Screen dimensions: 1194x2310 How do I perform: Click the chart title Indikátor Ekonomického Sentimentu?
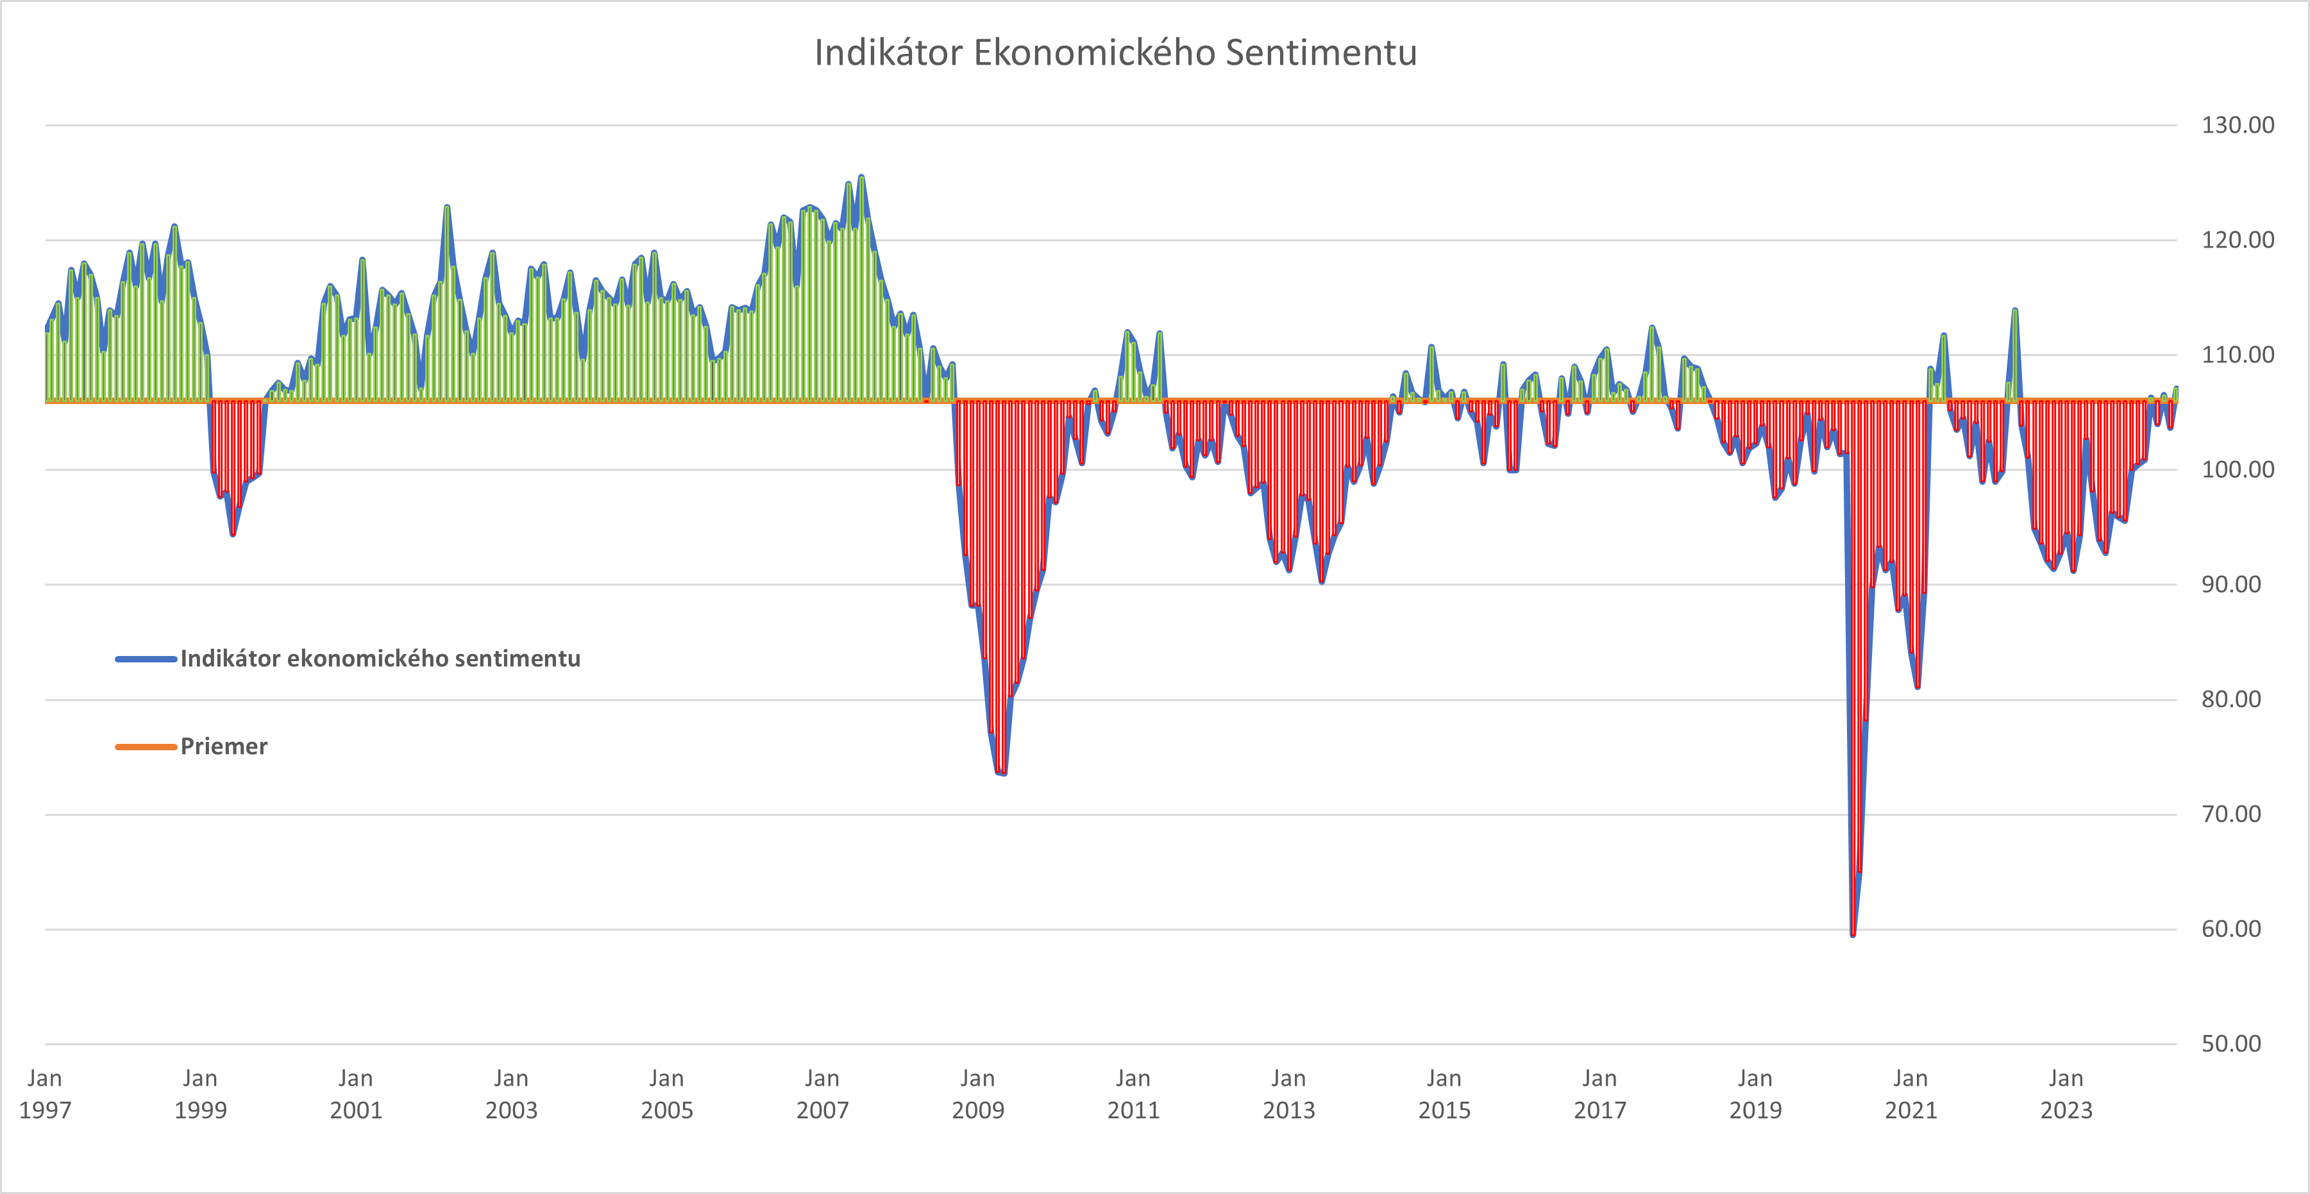(x=1115, y=53)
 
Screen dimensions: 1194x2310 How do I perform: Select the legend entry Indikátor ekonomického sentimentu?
(x=380, y=659)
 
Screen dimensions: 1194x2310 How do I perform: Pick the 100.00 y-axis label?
(x=2238, y=469)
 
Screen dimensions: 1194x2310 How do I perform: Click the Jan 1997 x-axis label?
(x=45, y=1093)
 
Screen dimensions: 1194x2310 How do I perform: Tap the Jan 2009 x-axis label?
(x=977, y=1093)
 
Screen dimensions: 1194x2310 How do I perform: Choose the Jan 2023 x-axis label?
(x=2066, y=1093)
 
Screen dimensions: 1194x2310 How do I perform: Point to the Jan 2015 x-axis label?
(x=1444, y=1093)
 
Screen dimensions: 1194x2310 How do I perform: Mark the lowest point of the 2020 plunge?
(x=1853, y=935)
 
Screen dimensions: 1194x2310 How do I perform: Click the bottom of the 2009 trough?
(x=1002, y=773)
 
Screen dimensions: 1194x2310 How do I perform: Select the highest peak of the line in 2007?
(x=861, y=176)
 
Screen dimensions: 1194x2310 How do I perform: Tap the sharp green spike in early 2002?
(x=446, y=207)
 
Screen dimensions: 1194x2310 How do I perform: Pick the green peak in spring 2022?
(x=2015, y=310)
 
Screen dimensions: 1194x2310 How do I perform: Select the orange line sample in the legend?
(x=146, y=746)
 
